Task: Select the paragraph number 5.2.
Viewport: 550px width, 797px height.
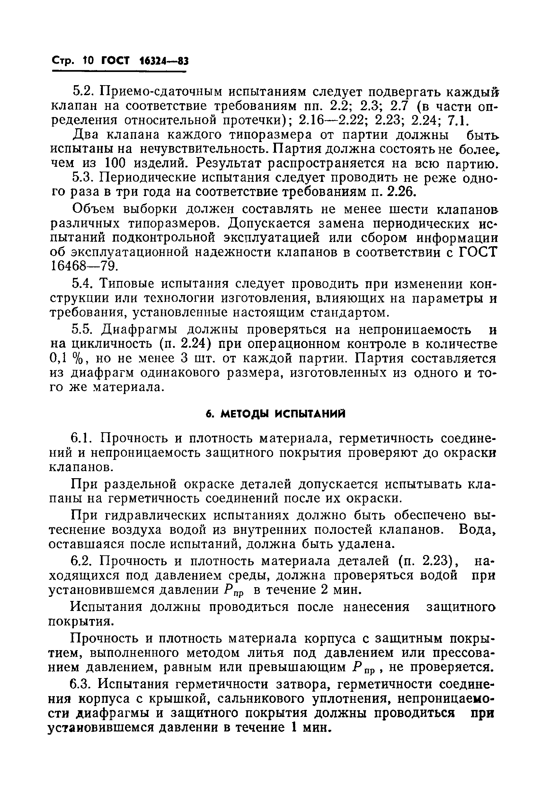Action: [82, 92]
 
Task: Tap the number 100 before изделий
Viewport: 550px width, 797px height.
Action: [116, 163]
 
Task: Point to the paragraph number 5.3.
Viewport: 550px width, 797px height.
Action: [82, 178]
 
